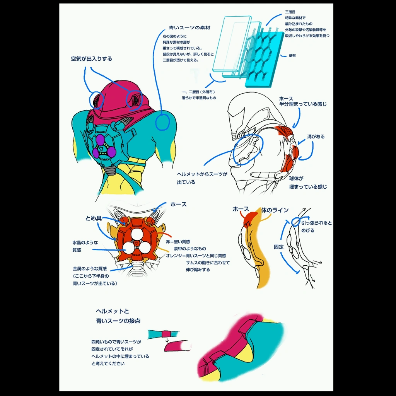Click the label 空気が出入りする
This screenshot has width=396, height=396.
point(91,59)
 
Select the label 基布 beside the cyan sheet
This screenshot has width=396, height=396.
point(292,56)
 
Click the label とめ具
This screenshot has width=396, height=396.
point(93,218)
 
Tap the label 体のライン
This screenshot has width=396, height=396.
point(275,210)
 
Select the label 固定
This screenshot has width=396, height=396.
point(279,246)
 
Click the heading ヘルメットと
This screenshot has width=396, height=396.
point(112,311)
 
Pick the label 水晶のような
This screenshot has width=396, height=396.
point(85,242)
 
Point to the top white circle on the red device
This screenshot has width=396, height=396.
point(137,234)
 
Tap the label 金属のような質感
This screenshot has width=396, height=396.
point(90,268)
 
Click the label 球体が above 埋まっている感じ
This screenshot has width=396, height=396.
point(296,179)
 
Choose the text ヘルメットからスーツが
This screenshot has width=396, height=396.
point(202,174)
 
